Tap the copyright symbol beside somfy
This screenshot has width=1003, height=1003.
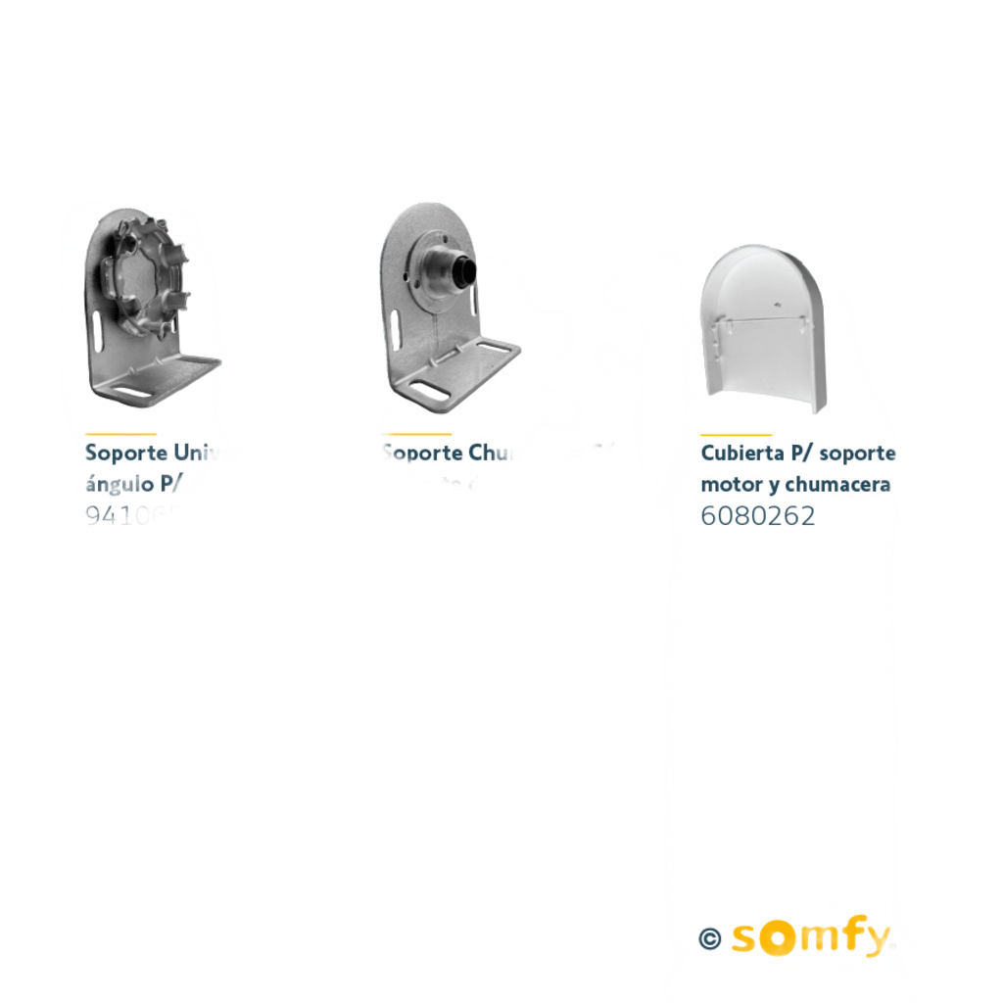pos(710,938)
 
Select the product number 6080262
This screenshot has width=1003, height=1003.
pos(757,516)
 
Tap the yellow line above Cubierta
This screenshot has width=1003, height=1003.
pos(736,433)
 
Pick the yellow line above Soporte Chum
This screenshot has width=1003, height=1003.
pos(416,433)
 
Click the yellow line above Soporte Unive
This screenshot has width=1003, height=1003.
pos(119,433)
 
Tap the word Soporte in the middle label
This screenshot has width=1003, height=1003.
pos(420,454)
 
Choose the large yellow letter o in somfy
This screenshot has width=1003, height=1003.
pos(778,938)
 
